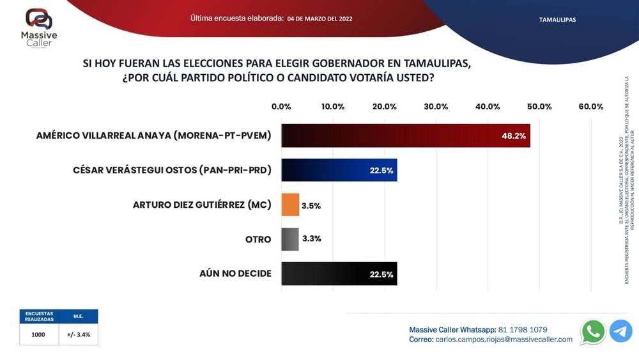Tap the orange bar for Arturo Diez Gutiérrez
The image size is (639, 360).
[x=290, y=205]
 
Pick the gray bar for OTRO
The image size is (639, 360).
[x=290, y=239]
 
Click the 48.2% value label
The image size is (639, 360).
[x=514, y=136]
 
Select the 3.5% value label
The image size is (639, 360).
[x=311, y=205]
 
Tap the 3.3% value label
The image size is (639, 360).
[x=311, y=239]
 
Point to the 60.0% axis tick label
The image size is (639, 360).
[x=590, y=106]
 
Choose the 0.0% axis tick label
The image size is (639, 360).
[x=281, y=106]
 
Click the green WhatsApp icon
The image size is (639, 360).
[x=593, y=332]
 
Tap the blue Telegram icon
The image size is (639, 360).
[x=620, y=332]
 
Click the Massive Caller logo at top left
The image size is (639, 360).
[x=39, y=27]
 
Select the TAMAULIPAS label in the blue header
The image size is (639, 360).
[x=557, y=20]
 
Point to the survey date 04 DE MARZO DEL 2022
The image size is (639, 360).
[x=319, y=19]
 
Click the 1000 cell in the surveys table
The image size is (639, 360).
[x=38, y=334]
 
